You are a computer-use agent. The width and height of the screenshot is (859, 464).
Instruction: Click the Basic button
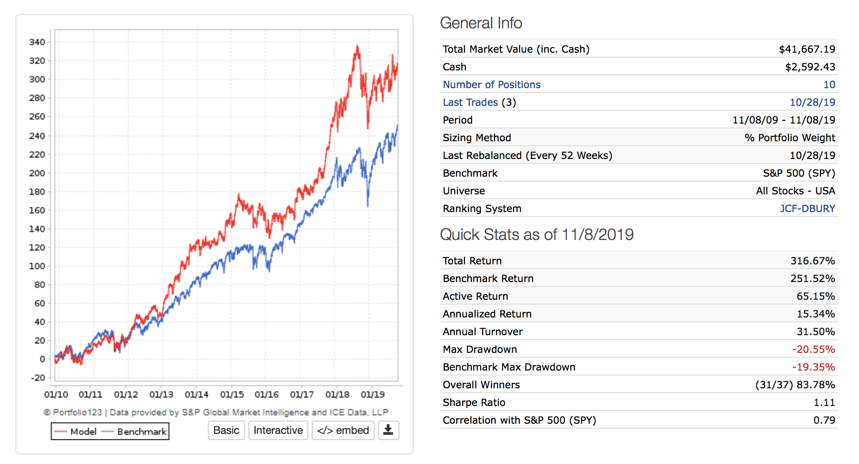(226, 430)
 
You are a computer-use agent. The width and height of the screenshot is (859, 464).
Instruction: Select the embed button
(343, 430)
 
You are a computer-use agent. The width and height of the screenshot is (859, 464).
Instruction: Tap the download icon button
(388, 430)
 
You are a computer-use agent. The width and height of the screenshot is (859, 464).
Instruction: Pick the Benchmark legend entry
(134, 432)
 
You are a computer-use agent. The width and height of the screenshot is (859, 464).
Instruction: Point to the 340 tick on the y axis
(37, 42)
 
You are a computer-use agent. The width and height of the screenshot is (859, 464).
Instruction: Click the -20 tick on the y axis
(38, 378)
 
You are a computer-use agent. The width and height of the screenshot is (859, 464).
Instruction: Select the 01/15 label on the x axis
(232, 394)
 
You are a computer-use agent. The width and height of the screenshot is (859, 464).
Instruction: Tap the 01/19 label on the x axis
(372, 394)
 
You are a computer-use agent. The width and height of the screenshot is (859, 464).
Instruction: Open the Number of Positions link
(491, 85)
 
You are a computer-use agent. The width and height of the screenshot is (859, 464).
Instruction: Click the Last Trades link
(470, 102)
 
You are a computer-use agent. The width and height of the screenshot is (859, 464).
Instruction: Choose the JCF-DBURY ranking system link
(807, 209)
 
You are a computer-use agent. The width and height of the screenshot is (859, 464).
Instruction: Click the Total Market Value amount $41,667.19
(807, 49)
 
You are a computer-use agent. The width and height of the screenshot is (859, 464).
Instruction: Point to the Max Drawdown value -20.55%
(813, 349)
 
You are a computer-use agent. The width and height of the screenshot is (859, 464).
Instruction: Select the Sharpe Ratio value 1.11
(824, 402)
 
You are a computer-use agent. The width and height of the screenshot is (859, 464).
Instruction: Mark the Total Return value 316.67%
(813, 261)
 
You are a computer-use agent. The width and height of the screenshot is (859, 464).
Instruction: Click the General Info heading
(481, 23)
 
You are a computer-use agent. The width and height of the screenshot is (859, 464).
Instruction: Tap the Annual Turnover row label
(483, 332)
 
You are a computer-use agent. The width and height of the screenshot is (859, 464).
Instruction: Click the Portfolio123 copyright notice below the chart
(216, 412)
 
